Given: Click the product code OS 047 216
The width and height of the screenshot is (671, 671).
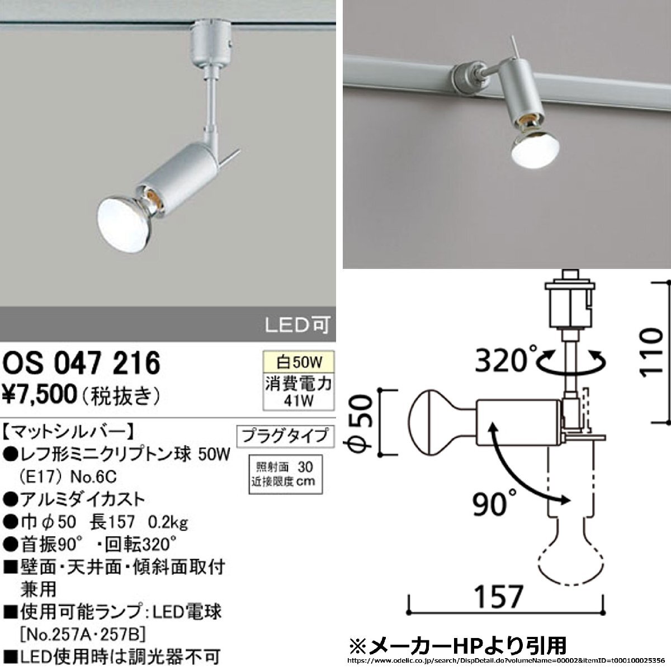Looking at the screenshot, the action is [x=81, y=363].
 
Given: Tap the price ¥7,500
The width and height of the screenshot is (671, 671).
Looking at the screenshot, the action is [x=39, y=395].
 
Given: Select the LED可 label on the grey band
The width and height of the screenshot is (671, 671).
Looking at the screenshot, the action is [x=297, y=325].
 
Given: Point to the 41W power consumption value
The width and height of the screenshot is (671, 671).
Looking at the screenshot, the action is [x=299, y=401].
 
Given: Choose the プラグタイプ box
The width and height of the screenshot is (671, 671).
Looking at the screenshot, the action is [x=285, y=436].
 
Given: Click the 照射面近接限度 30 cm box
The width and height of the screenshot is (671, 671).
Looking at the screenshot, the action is [x=286, y=474].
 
